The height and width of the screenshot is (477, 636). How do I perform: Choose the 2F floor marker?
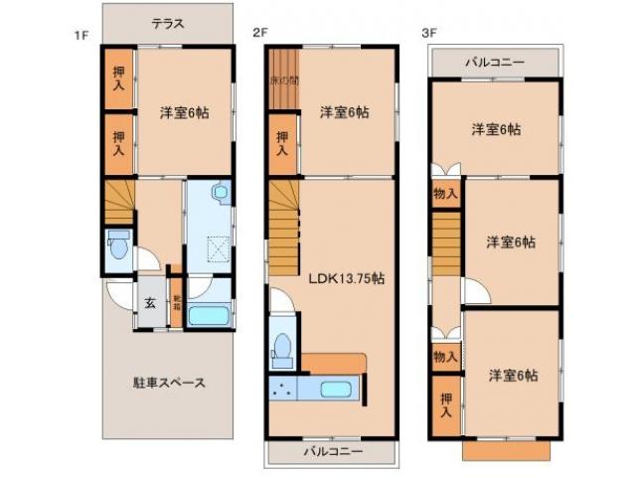(260, 33)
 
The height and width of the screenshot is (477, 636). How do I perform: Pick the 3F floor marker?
(429, 33)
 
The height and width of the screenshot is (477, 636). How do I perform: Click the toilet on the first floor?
(118, 243)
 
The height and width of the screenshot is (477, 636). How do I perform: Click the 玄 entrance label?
(147, 305)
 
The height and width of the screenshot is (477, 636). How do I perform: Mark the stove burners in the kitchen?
(282, 390)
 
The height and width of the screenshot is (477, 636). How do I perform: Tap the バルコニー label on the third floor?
(495, 63)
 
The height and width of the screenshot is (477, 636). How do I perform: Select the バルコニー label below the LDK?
(331, 451)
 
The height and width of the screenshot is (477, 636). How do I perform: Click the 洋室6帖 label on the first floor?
(184, 112)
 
